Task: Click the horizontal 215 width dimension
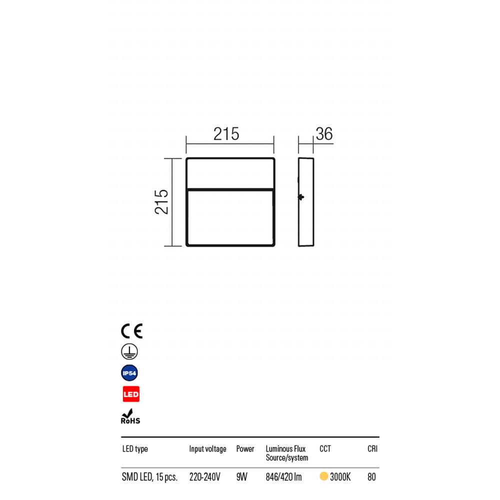click(x=226, y=134)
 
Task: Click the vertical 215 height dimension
click(x=161, y=201)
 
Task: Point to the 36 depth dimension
click(x=324, y=134)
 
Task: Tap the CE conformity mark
click(x=131, y=331)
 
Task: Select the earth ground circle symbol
click(x=130, y=352)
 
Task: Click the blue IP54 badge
click(x=130, y=373)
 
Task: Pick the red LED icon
click(x=131, y=394)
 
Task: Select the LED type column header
click(x=135, y=449)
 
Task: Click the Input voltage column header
click(x=207, y=449)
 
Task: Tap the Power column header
click(x=245, y=449)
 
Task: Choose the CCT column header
click(x=325, y=449)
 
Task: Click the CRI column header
click(x=372, y=449)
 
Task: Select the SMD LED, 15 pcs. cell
click(x=149, y=477)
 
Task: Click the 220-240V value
click(x=204, y=477)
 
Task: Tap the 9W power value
click(x=241, y=477)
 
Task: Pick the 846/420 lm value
click(x=283, y=477)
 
